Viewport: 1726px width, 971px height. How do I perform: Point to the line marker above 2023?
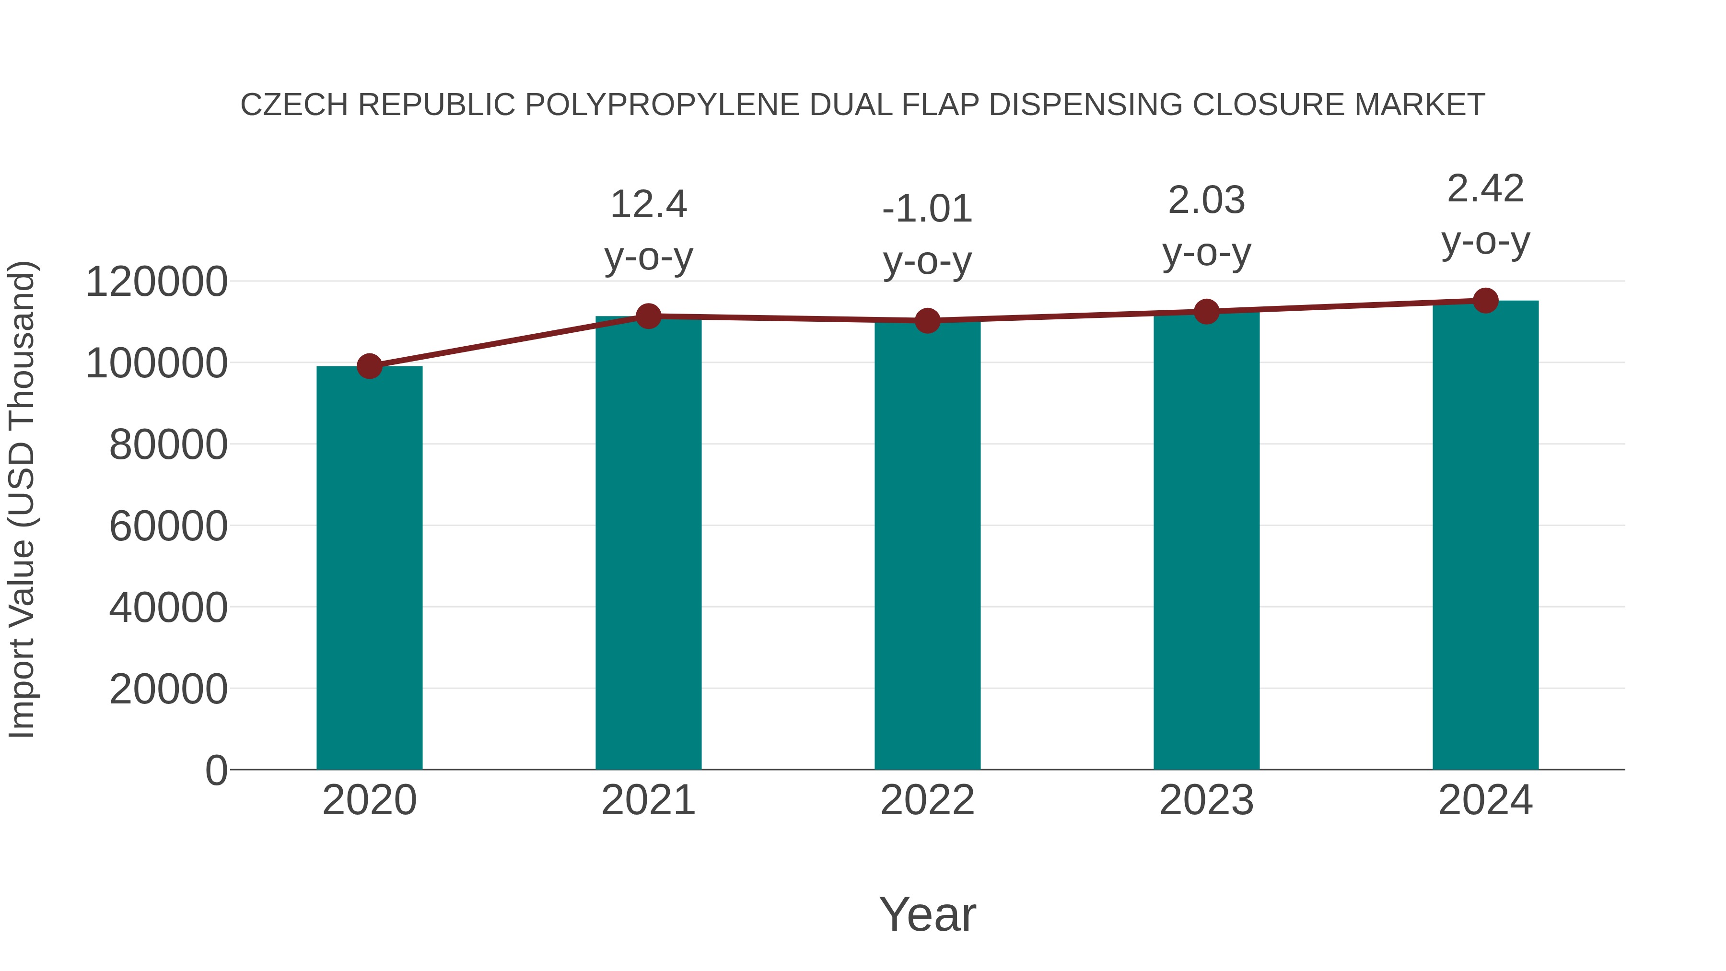1206,312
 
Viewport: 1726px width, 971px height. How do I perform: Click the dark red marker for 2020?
369,366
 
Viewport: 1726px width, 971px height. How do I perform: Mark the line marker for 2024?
1485,300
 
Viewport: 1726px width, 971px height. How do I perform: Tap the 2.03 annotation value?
1206,200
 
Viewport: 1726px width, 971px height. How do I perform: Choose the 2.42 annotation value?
1485,189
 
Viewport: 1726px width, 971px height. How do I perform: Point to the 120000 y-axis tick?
156,281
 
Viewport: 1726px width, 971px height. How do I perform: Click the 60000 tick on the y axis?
168,526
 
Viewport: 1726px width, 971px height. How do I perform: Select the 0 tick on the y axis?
216,770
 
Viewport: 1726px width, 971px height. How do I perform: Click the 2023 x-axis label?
1206,800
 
